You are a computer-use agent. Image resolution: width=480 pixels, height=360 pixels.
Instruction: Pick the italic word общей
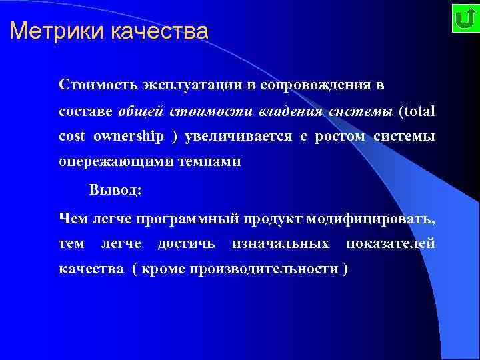coord(142,111)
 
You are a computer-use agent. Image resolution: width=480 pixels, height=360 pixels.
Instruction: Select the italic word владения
coord(292,111)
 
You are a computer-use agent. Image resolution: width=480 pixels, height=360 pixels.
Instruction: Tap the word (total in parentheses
coord(417,111)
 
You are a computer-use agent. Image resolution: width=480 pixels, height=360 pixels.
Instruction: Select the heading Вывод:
coord(115,189)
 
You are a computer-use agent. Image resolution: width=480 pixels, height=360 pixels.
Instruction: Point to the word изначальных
coord(280,243)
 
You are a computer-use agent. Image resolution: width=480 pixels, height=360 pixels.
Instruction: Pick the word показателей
coord(390,243)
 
